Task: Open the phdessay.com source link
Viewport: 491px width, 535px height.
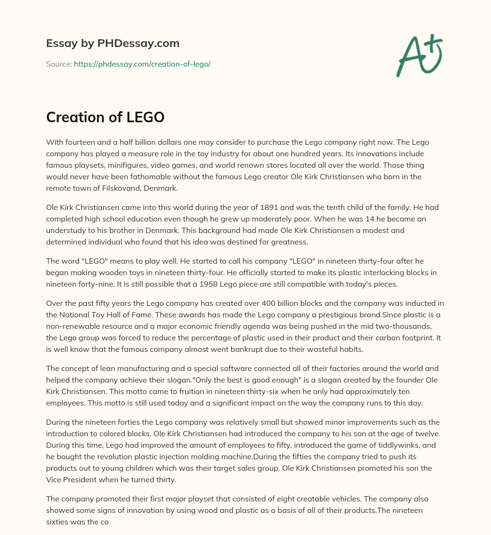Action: click(142, 64)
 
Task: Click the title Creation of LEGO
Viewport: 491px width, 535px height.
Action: click(105, 117)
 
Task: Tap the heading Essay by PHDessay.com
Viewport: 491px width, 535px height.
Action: click(113, 43)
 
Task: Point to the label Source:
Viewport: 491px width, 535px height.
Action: click(58, 64)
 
